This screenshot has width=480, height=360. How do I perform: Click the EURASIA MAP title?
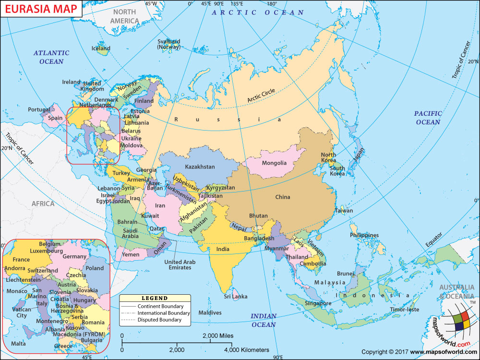point(40,10)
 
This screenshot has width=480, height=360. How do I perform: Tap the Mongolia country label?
point(274,163)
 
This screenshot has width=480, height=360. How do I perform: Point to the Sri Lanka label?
point(236,297)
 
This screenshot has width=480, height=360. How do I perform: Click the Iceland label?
point(101,48)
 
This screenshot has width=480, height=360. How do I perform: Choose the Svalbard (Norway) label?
point(168,44)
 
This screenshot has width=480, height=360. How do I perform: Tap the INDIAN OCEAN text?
point(264,320)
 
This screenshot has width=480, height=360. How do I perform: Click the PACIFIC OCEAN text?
point(428,118)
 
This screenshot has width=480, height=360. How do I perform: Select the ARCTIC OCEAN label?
point(258,12)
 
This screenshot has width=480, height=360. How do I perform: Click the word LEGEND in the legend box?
point(155,298)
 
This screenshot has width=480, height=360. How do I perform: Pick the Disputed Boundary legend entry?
point(159,320)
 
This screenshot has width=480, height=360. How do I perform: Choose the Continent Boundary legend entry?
point(160,306)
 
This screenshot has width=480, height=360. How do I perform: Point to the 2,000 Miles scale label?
point(218,336)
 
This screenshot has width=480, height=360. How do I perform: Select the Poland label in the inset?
point(94,268)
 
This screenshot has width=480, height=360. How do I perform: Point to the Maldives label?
point(210,312)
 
